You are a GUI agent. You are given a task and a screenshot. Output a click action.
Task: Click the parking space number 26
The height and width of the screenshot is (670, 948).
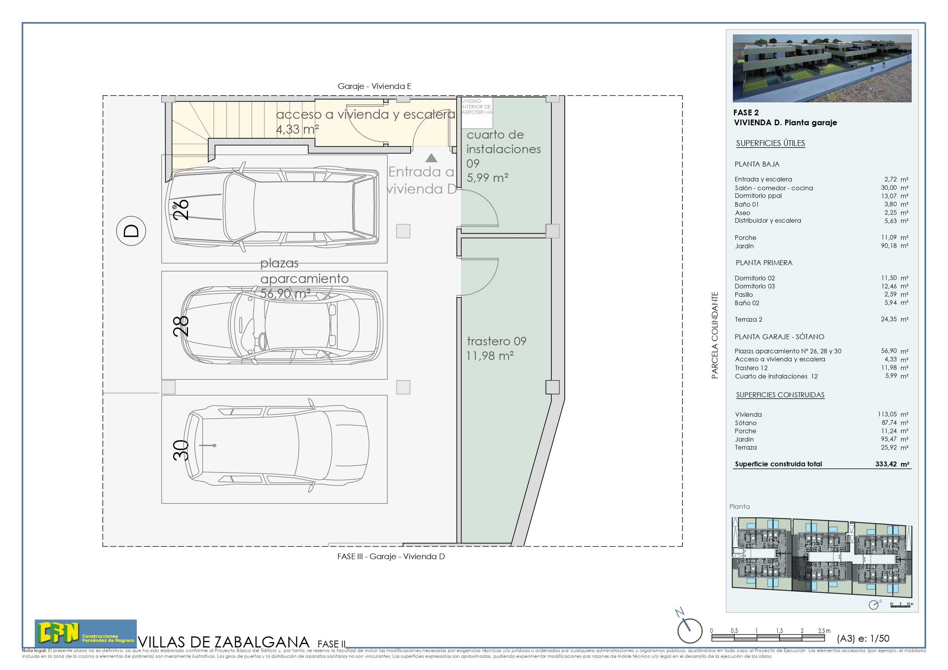(x=180, y=210)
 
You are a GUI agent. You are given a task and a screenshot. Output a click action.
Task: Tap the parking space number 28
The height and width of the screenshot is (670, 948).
(x=180, y=326)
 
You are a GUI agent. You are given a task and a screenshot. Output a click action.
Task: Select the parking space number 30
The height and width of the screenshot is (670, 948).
(x=180, y=450)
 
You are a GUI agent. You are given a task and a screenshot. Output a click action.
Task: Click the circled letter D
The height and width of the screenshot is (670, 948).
(x=131, y=231)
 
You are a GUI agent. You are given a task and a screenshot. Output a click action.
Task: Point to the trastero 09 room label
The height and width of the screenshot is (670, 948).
(x=496, y=348)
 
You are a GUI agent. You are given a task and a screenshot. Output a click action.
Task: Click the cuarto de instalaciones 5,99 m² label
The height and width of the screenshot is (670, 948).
(x=503, y=156)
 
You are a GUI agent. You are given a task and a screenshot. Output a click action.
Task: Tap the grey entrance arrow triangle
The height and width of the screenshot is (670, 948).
(x=431, y=158)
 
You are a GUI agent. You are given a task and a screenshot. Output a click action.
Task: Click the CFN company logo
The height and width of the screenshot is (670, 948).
(x=86, y=633)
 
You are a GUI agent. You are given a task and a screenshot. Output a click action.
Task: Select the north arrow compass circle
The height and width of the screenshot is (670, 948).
(x=690, y=631)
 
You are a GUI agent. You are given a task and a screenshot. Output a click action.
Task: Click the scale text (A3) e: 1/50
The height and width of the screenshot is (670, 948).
(x=862, y=639)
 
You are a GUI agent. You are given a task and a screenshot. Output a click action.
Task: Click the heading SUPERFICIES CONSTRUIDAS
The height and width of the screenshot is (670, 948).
(x=780, y=395)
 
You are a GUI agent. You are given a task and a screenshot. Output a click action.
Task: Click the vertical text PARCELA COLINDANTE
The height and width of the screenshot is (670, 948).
(x=715, y=335)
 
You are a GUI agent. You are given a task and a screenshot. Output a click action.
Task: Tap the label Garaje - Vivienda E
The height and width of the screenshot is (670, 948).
(x=374, y=86)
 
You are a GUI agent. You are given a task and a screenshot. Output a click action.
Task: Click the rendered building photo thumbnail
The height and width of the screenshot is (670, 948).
(x=822, y=68)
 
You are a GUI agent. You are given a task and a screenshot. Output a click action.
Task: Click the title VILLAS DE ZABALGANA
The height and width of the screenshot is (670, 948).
(x=224, y=642)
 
